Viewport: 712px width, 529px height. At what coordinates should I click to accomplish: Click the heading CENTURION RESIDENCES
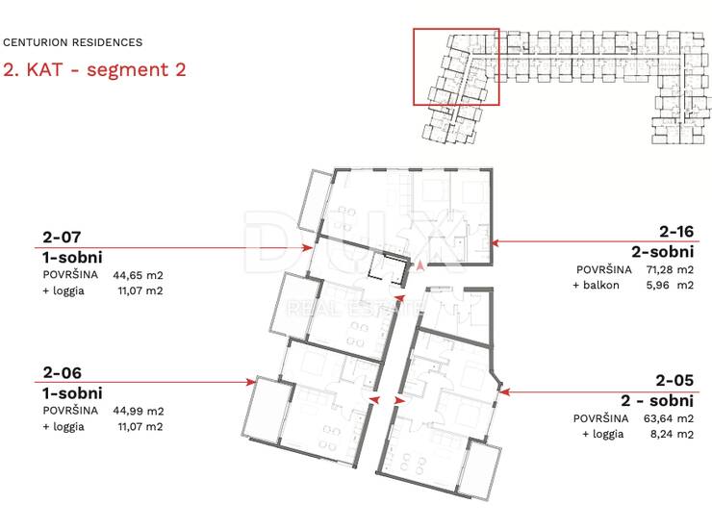(x=73, y=42)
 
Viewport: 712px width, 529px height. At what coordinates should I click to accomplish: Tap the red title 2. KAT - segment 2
(x=94, y=70)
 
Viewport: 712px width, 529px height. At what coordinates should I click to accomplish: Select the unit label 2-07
(x=62, y=237)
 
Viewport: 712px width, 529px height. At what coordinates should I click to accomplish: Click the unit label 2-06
(x=63, y=373)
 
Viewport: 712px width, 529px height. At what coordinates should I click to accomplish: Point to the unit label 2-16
(x=676, y=232)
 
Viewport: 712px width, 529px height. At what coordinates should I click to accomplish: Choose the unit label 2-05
(x=674, y=380)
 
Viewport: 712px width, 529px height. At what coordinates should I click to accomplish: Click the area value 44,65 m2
(x=138, y=275)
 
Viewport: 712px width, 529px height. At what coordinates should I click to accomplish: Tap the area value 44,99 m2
(x=139, y=411)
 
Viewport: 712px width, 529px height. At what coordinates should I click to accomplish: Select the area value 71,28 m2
(x=670, y=269)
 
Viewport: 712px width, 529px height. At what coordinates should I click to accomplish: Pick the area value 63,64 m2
(x=669, y=418)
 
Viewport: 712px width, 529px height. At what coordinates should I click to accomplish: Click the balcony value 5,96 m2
(x=671, y=285)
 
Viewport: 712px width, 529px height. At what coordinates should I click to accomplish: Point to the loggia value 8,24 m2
(x=672, y=434)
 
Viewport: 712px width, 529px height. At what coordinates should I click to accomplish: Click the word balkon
(x=600, y=285)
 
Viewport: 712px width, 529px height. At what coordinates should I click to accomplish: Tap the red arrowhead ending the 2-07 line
(x=308, y=247)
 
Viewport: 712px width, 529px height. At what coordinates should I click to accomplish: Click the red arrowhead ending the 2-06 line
(x=251, y=382)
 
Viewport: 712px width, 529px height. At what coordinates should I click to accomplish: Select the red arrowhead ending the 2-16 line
(x=496, y=242)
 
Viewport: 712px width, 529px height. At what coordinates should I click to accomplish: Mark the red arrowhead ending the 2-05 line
(x=505, y=391)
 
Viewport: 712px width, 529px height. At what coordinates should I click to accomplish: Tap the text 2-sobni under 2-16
(x=663, y=252)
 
